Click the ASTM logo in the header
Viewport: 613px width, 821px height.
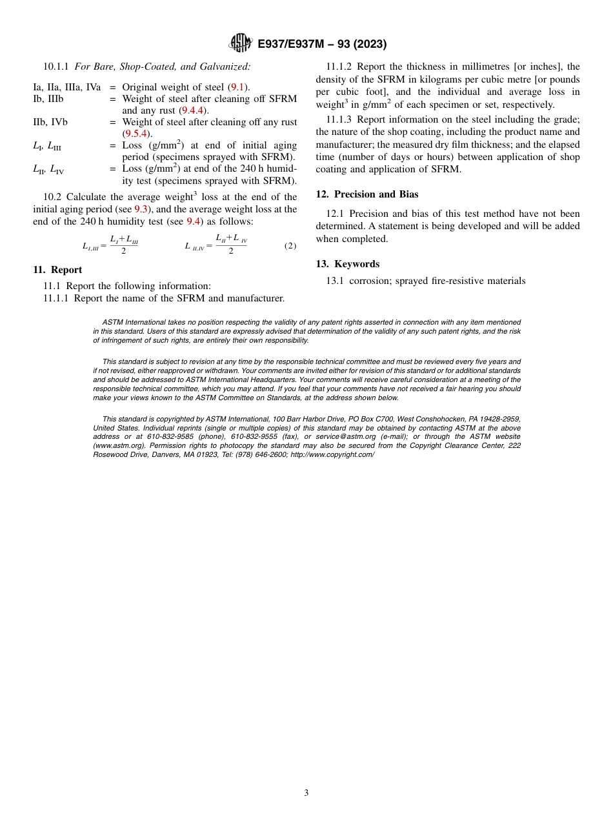click(x=240, y=44)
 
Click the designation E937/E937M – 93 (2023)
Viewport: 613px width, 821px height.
click(x=322, y=45)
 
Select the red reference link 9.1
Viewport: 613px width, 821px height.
click(x=236, y=87)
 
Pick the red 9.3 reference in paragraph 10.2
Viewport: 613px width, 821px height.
click(x=141, y=209)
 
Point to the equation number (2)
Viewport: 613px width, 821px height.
click(x=290, y=246)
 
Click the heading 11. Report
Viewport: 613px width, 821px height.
click(x=57, y=270)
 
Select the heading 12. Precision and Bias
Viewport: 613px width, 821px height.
click(x=367, y=194)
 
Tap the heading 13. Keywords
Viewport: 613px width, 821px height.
click(x=347, y=264)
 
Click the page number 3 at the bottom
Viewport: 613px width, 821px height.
click(x=306, y=793)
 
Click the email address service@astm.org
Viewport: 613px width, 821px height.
click(x=346, y=437)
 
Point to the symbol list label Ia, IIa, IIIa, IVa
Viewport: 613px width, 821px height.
click(x=66, y=87)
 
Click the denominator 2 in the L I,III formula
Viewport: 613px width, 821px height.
click(x=124, y=251)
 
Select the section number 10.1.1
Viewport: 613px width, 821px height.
click(x=56, y=66)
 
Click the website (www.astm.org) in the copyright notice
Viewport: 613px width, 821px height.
click(x=118, y=446)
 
